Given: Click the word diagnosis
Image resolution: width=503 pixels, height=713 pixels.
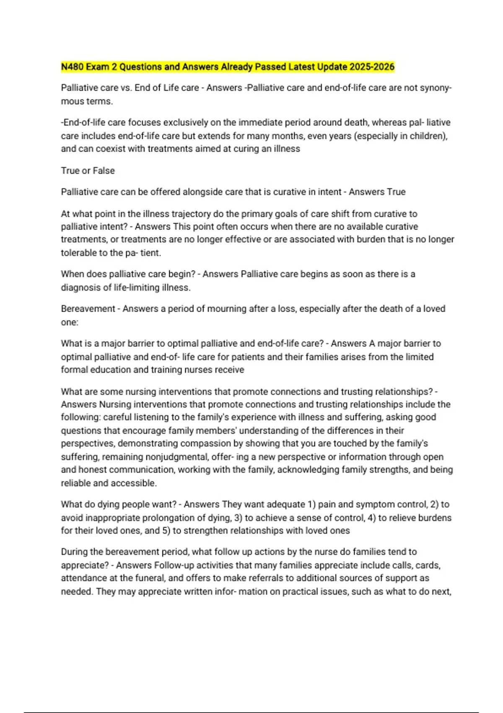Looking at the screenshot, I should tap(80, 288).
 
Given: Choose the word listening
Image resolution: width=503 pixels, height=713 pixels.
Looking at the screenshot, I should tap(161, 417).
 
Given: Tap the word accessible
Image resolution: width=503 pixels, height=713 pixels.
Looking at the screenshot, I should tap(134, 483).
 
